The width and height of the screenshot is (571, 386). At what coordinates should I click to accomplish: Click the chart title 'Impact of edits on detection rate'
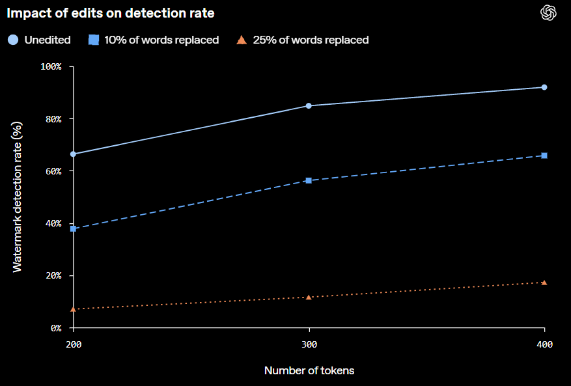coord(111,13)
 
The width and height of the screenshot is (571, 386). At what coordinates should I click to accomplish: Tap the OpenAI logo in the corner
coord(548,13)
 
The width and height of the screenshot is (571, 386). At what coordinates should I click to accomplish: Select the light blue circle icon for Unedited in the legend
coord(13,40)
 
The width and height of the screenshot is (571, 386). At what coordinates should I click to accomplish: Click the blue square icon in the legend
coord(94,40)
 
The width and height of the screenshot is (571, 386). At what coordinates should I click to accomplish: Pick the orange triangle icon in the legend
coord(242,40)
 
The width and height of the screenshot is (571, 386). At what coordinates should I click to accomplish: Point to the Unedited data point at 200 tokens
coord(73,154)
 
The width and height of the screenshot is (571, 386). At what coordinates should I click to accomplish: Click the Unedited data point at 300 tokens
coord(309,106)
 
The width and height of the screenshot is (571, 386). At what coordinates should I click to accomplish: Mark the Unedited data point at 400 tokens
coord(544,87)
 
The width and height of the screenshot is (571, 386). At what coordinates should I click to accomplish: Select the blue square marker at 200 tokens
coord(73,228)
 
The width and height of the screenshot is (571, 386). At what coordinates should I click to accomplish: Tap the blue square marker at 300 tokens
coord(309,180)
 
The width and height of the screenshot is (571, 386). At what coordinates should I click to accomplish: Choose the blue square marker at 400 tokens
coord(544,156)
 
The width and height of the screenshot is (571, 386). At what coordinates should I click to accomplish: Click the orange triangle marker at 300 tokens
coord(309,297)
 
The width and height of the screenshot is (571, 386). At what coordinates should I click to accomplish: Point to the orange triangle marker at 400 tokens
coord(544,283)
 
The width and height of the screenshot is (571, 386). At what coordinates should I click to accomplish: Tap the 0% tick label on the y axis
coord(57,328)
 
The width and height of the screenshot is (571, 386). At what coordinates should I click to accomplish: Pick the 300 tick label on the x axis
coord(309,344)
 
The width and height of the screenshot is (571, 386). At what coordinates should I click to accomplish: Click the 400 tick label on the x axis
coord(545,344)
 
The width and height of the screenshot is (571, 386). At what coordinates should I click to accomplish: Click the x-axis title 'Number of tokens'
coord(309,371)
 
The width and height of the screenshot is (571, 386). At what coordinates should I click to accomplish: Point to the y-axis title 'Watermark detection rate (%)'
coord(18,197)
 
